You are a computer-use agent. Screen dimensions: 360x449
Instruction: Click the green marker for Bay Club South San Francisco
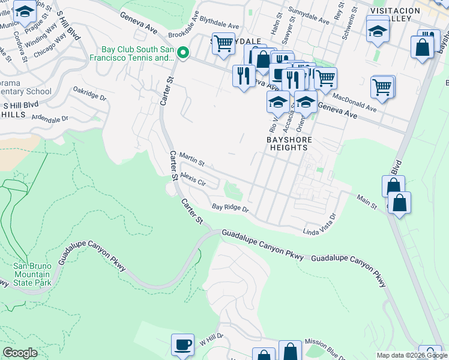[x=184, y=53]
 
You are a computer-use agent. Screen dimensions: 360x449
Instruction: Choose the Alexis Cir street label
[x=193, y=181]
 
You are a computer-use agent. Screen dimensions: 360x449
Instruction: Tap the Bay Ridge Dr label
[x=230, y=208]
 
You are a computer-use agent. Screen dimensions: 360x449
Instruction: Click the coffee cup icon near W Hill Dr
[x=182, y=345]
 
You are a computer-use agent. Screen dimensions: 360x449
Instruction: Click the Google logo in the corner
[x=20, y=353]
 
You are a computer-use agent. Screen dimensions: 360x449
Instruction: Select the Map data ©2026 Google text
[x=412, y=355]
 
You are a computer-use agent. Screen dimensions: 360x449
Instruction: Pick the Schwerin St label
[x=345, y=25]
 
